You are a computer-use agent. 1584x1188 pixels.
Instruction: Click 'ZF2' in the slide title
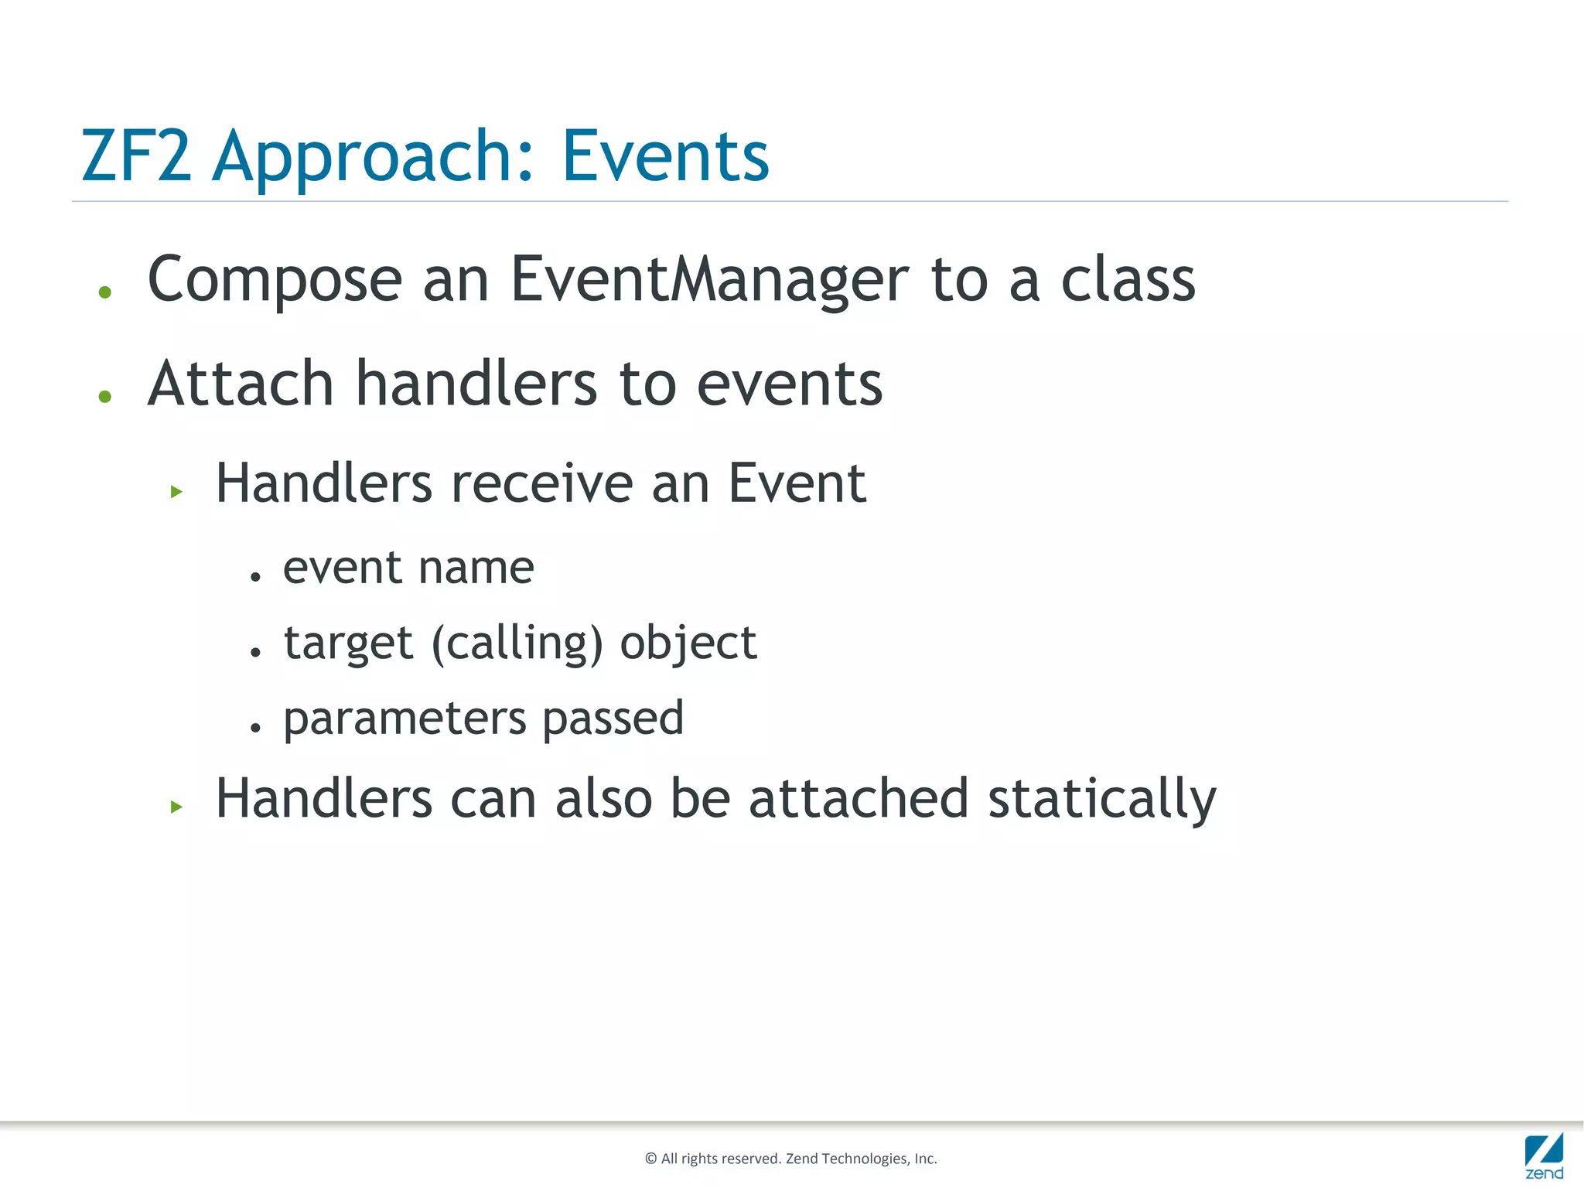tap(136, 156)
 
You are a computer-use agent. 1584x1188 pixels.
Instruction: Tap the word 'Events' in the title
tap(665, 156)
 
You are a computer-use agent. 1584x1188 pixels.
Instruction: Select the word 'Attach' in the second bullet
tap(241, 384)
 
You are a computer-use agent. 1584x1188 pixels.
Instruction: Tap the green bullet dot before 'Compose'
tap(105, 292)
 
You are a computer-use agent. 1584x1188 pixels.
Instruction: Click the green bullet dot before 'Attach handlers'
tap(105, 397)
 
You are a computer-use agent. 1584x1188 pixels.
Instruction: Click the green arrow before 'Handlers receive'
tap(176, 491)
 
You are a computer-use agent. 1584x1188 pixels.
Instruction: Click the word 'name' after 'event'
tap(476, 568)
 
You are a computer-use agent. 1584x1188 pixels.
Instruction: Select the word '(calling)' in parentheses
tap(517, 643)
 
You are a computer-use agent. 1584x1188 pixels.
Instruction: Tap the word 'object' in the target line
tap(688, 643)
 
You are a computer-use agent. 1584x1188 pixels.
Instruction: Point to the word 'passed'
tap(613, 719)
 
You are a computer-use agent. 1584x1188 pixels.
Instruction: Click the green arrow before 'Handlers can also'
tap(176, 807)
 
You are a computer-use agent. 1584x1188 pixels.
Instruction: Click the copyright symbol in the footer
tap(650, 1159)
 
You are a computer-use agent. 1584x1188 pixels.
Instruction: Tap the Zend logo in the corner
tap(1544, 1156)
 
